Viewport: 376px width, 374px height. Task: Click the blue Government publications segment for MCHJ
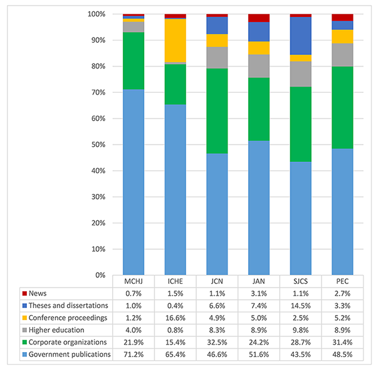click(x=133, y=182)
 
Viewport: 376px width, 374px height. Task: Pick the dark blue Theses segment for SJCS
click(x=300, y=36)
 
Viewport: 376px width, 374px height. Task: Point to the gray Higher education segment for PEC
click(x=342, y=55)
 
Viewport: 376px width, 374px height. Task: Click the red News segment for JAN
click(x=259, y=18)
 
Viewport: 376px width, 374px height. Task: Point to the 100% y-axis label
click(x=96, y=14)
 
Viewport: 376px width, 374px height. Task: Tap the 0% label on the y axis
click(x=99, y=275)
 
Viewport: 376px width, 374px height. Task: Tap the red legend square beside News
click(x=24, y=294)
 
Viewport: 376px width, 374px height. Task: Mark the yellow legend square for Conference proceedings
click(x=24, y=318)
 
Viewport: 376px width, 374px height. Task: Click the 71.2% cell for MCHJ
click(x=133, y=355)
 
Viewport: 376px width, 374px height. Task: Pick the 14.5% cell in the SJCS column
click(x=300, y=306)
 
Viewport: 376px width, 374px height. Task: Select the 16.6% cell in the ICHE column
click(x=175, y=318)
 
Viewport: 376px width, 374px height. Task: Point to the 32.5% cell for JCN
click(x=217, y=343)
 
